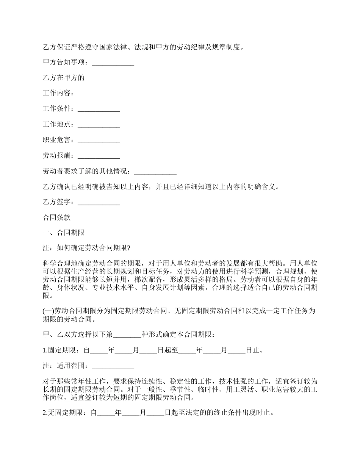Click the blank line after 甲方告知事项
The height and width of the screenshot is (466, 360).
point(113,63)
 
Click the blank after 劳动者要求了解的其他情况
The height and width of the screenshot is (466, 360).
point(155,172)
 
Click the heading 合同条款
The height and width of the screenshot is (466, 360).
point(56,218)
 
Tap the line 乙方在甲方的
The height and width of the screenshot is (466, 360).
point(63,78)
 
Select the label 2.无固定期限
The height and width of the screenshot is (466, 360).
point(64,413)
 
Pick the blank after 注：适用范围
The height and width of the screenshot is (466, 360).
point(113,367)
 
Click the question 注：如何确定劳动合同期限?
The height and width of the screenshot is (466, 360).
point(87,249)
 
